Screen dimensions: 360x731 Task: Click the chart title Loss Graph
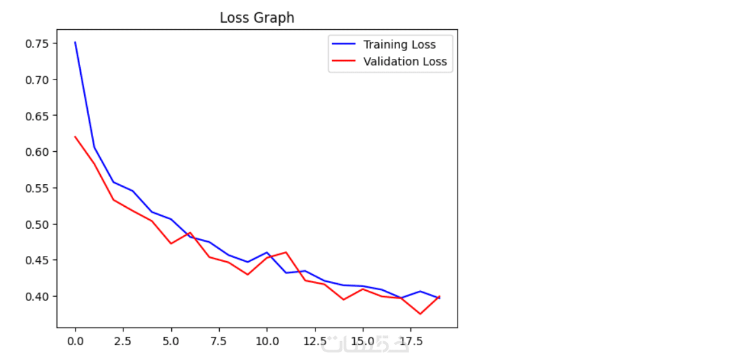point(257,18)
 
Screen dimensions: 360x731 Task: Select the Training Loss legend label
point(399,45)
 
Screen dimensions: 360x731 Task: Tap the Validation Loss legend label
point(405,62)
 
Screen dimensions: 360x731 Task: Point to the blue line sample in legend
point(344,45)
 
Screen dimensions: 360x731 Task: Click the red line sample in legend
point(344,62)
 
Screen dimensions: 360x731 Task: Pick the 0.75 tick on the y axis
point(37,44)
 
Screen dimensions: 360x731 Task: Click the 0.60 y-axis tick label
point(37,152)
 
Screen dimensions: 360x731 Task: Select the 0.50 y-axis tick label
point(37,224)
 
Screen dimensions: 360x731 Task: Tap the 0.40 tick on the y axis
point(37,297)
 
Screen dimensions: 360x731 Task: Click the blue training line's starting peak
point(75,43)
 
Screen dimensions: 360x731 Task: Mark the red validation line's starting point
point(75,136)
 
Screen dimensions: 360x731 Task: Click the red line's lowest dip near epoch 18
point(419,314)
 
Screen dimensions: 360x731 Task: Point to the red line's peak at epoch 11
point(285,252)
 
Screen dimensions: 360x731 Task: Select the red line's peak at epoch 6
point(190,233)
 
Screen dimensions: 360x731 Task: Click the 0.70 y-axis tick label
point(37,80)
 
